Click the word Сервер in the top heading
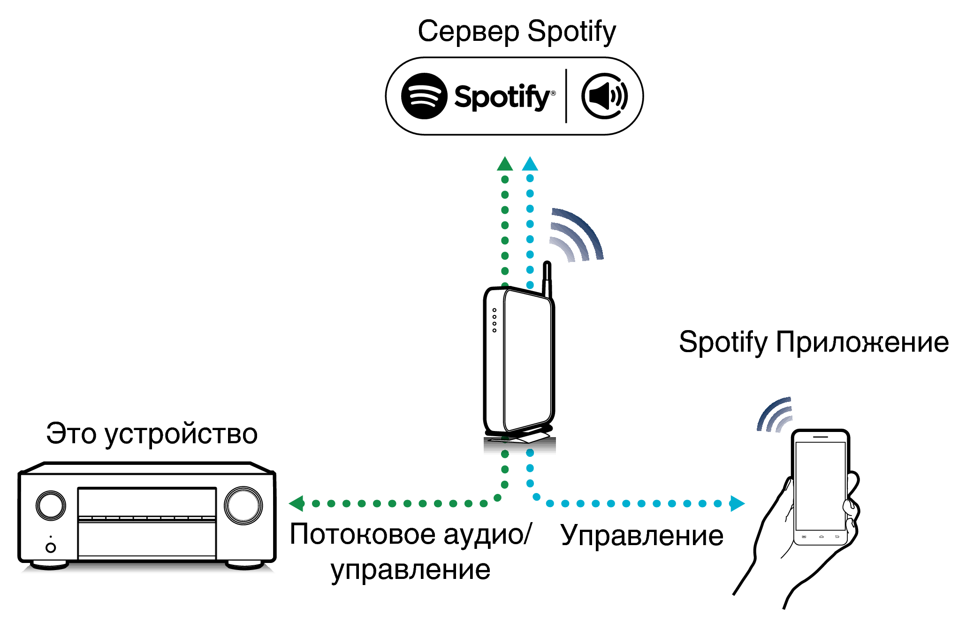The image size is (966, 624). (468, 32)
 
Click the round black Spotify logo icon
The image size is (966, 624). (424, 96)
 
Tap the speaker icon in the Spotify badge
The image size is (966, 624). (604, 96)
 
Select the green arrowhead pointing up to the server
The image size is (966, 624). (505, 164)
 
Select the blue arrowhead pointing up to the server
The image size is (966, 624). (530, 164)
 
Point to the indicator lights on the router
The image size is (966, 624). (494, 320)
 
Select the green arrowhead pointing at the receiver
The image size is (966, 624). (297, 503)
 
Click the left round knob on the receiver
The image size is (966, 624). (51, 506)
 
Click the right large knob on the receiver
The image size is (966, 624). (243, 506)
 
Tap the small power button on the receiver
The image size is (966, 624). (51, 547)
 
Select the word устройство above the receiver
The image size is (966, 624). (181, 434)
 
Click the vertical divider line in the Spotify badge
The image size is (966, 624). (566, 96)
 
